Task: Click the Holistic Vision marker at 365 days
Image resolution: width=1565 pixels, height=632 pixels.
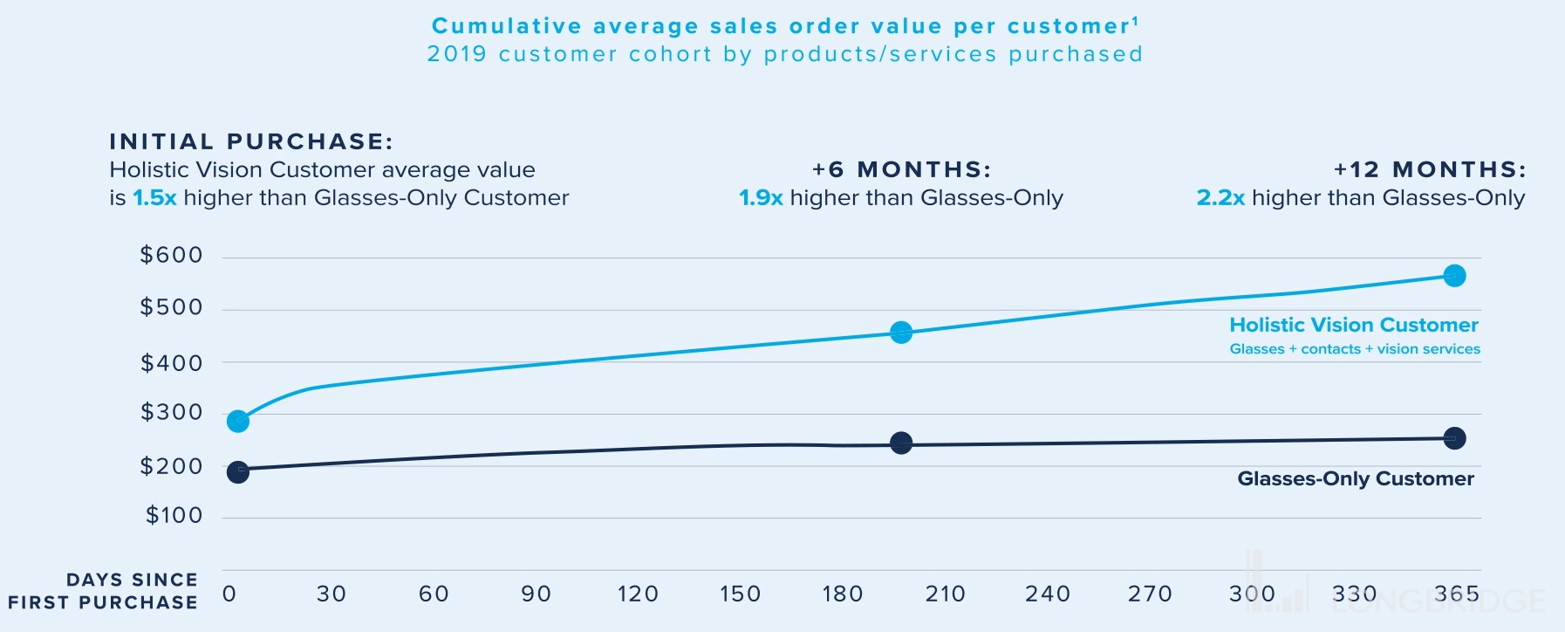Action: (x=1454, y=276)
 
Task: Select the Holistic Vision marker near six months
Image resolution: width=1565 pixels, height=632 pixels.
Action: (x=901, y=333)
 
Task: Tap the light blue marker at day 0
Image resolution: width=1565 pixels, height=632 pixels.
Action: (x=238, y=422)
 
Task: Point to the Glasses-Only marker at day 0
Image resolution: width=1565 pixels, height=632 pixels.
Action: (x=238, y=472)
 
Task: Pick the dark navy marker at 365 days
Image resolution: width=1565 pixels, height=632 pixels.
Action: (x=1454, y=438)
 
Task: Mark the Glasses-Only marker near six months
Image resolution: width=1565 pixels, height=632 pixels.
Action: (x=901, y=443)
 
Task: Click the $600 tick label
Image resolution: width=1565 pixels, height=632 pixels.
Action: (x=172, y=255)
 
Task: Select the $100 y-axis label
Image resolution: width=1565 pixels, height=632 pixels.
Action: (x=174, y=515)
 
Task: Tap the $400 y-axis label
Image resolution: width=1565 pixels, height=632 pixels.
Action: (x=172, y=363)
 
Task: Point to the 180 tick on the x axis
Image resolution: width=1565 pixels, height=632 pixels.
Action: (x=842, y=594)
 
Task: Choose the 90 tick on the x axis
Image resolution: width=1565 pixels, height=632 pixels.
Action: (x=536, y=594)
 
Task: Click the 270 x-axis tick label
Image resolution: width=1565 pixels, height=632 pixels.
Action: (x=1150, y=594)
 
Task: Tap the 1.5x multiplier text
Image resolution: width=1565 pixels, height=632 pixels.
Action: (x=154, y=198)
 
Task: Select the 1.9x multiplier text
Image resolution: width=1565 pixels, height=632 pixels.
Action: (x=761, y=198)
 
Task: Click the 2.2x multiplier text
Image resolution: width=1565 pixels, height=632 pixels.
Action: (x=1220, y=198)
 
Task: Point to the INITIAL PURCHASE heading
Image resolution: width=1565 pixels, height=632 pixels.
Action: (x=251, y=141)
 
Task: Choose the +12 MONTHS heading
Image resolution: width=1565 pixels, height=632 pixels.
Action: (x=1430, y=169)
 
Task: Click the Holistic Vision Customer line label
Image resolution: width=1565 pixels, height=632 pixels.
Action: (x=1354, y=326)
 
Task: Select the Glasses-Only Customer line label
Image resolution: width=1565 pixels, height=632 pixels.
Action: (x=1356, y=478)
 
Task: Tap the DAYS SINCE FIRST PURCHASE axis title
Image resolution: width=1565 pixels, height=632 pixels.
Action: (x=103, y=591)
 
